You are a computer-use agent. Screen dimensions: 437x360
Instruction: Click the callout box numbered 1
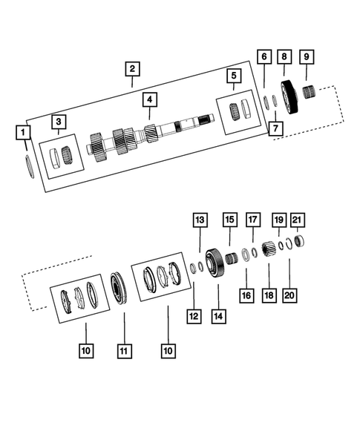tap(24, 133)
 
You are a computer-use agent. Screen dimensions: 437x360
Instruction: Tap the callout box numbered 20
tap(289, 295)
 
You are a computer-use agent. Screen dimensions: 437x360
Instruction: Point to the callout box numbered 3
tap(58, 122)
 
